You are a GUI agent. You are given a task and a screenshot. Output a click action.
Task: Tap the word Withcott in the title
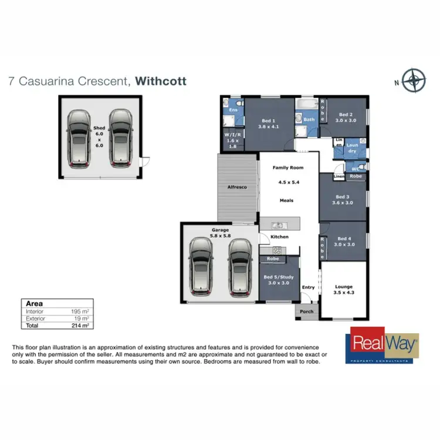(161, 81)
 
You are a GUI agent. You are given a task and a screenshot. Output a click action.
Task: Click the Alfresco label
(237, 187)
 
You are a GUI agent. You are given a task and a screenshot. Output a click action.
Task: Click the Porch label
(306, 312)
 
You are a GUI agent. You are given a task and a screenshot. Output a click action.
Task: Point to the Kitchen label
(280, 236)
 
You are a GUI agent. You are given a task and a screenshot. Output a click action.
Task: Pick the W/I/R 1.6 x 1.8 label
(232, 140)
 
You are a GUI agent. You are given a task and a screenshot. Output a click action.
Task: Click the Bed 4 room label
(343, 241)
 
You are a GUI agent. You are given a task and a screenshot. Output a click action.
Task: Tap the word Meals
(286, 201)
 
